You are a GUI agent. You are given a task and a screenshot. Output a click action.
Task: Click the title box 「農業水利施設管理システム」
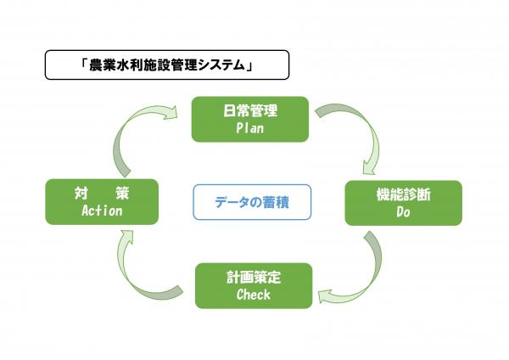[x=166, y=65]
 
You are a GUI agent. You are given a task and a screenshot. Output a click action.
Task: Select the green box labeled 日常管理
[x=250, y=119]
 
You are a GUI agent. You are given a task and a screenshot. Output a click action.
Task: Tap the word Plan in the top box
[x=250, y=129]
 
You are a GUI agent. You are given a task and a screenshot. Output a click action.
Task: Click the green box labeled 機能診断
[x=403, y=203]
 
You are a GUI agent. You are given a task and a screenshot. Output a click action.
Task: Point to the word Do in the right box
[x=403, y=213]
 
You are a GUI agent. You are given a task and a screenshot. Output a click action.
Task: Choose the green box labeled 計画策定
[x=254, y=285]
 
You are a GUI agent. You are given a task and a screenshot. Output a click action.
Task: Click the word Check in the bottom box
[x=254, y=295]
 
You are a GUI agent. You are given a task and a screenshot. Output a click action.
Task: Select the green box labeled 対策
[x=101, y=201]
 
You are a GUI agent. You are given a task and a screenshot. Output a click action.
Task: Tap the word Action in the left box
[x=101, y=211]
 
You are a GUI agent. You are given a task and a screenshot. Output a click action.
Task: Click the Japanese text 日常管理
[x=250, y=110]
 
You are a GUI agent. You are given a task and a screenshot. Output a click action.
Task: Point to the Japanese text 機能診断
[x=403, y=194]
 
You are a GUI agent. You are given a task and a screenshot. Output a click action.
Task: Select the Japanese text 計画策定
[x=254, y=277]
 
